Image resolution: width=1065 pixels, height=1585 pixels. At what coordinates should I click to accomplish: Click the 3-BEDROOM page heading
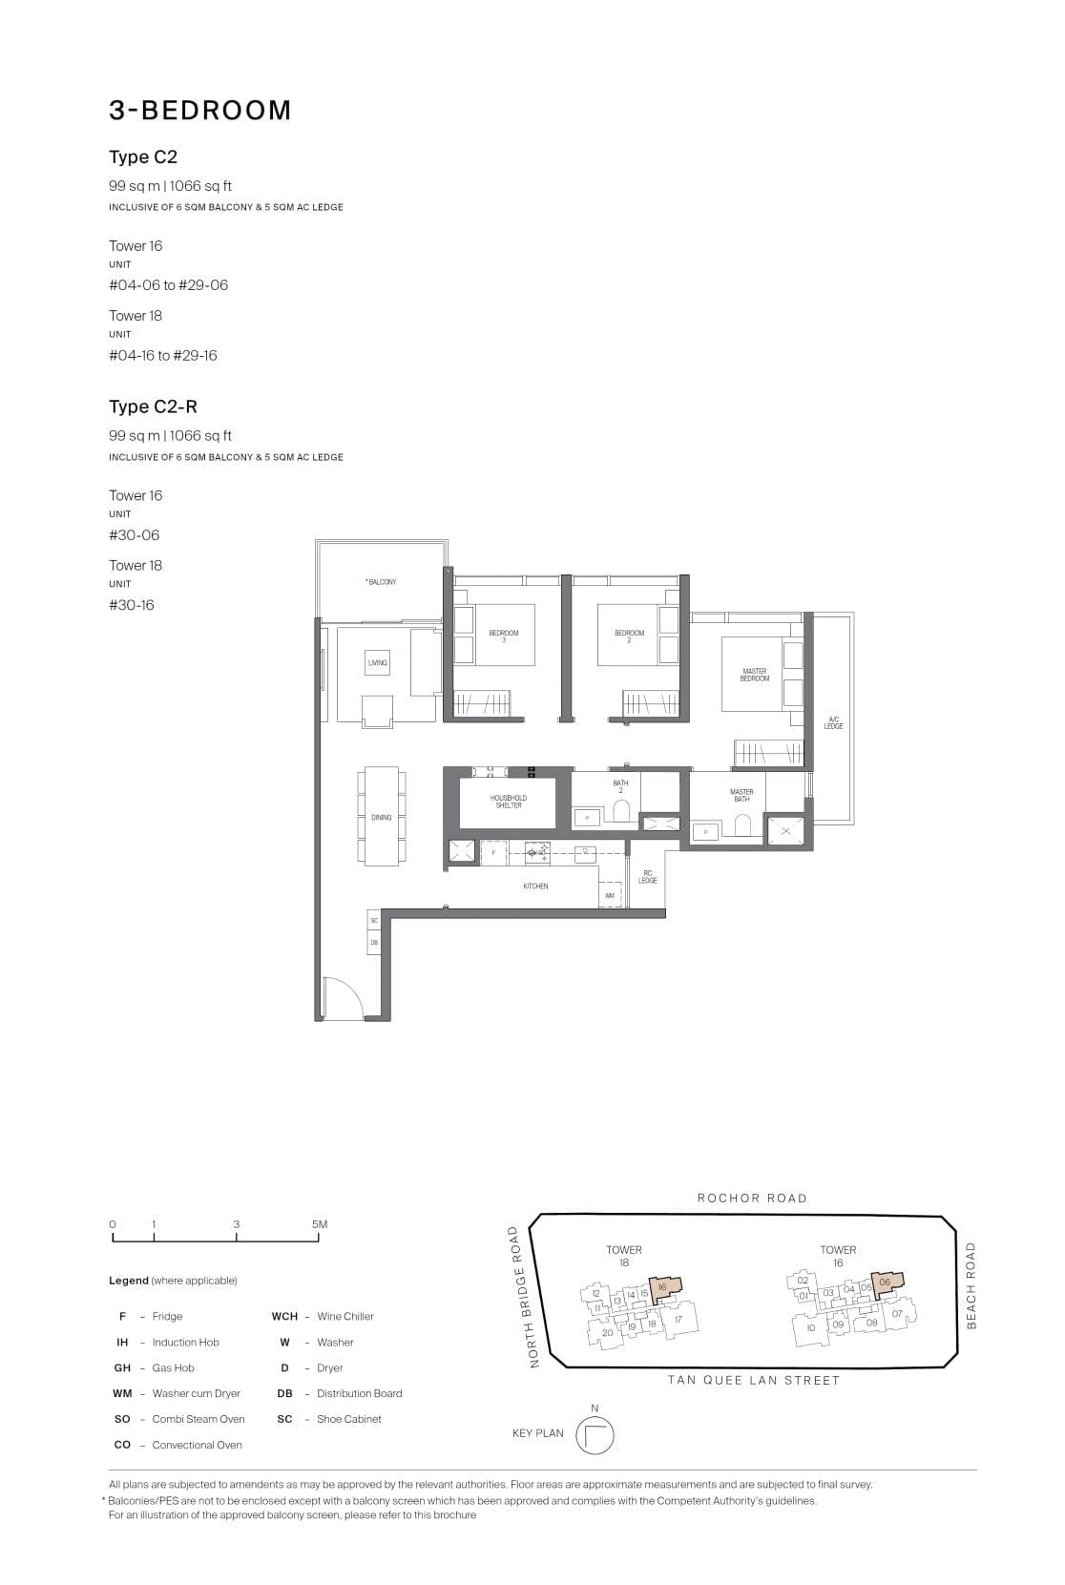tap(199, 111)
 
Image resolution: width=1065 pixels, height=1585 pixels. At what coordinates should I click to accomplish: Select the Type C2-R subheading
tap(153, 407)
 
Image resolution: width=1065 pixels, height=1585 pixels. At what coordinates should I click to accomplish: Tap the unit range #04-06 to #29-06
tap(168, 285)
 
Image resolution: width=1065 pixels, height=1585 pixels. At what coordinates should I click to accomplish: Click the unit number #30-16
tap(131, 605)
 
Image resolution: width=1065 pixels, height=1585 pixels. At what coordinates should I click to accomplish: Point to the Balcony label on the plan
tap(381, 582)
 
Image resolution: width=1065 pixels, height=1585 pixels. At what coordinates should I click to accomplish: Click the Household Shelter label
tap(508, 802)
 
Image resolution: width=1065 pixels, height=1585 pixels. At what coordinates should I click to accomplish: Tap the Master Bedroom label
tap(754, 675)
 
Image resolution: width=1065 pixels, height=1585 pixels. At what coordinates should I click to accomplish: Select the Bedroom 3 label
tap(503, 636)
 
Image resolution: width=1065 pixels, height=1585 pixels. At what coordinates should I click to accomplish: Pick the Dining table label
tap(381, 818)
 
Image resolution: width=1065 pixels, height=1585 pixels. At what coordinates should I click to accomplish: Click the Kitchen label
tap(535, 886)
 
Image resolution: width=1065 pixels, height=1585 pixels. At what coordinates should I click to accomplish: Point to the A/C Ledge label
tap(833, 723)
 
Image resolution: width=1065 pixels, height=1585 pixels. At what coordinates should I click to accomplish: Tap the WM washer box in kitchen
tap(610, 895)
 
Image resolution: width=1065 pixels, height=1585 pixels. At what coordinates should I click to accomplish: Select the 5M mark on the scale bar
tap(319, 1224)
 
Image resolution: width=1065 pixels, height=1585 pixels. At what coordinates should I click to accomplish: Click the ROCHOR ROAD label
tap(752, 1199)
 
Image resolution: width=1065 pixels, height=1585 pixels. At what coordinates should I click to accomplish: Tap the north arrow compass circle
tap(595, 1436)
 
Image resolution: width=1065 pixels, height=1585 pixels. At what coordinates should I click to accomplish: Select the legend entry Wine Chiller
tap(345, 1317)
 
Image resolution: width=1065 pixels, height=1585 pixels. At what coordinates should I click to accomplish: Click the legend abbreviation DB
tap(284, 1394)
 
